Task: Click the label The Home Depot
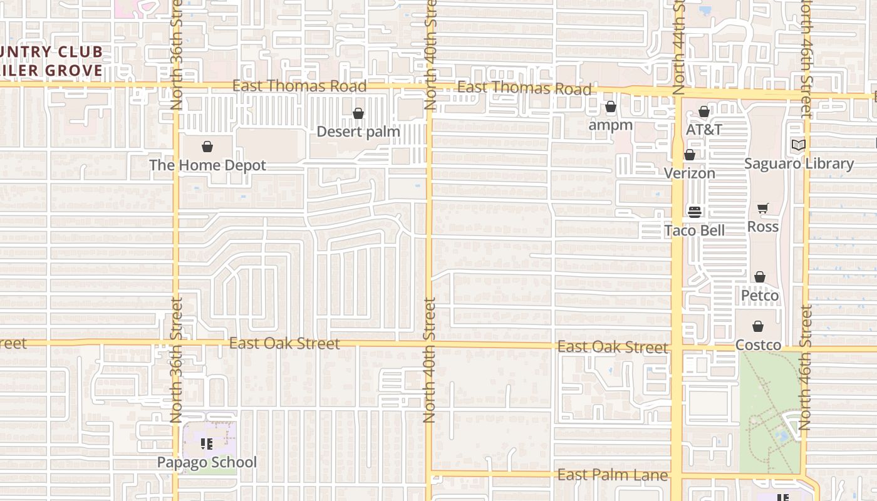click(x=207, y=165)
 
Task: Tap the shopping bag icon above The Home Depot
click(x=207, y=147)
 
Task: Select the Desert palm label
click(x=358, y=132)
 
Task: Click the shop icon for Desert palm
click(x=358, y=114)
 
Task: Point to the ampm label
click(x=611, y=125)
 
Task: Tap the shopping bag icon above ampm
click(x=611, y=108)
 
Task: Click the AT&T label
click(x=704, y=130)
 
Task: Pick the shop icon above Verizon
click(x=690, y=155)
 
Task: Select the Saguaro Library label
click(x=799, y=163)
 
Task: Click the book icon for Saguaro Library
click(x=798, y=145)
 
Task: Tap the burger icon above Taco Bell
click(x=694, y=212)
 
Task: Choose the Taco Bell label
click(x=694, y=230)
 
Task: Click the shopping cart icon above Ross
click(x=763, y=209)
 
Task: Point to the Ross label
click(x=763, y=226)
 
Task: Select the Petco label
click(x=760, y=295)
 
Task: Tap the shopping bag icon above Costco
click(x=758, y=326)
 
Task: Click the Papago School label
click(x=207, y=462)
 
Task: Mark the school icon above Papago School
click(x=207, y=445)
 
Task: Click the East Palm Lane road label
click(x=613, y=475)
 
